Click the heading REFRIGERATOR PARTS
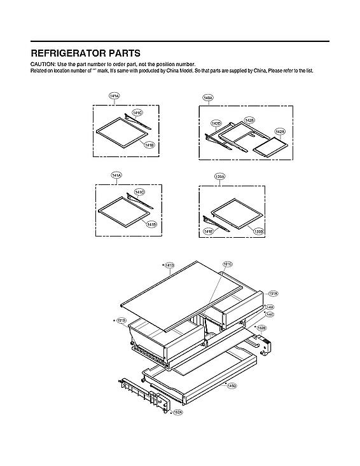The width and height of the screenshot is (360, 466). coord(85,53)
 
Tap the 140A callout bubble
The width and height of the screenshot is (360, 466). coord(208,98)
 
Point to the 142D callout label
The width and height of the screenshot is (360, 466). coord(216,123)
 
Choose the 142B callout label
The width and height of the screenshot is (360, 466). coord(249,120)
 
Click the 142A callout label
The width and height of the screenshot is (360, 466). coord(279,132)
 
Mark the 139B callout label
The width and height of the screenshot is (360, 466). coord(259,231)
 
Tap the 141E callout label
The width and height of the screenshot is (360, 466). coord(207,231)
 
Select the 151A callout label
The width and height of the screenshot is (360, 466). coord(273,294)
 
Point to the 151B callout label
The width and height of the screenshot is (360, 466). coord(121,321)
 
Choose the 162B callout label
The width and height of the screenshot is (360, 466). coord(261,328)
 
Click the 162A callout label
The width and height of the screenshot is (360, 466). coord(178,412)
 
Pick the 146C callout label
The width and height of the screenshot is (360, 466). coord(270,314)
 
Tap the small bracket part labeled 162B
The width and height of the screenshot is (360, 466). coord(266,344)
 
